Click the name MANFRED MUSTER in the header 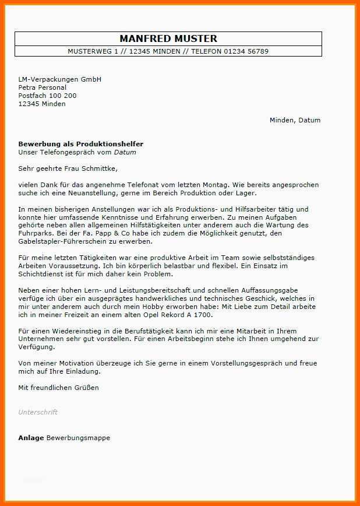coord(168,38)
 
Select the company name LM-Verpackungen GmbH coord(60,79)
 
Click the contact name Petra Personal coord(42,87)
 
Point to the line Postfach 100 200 coord(47,96)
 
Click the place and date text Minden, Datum coord(295,120)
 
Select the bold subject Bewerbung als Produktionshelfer coord(80,144)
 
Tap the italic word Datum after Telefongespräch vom coord(125,152)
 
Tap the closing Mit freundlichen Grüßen coord(58,388)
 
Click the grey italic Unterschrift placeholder coord(38,412)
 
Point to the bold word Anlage coord(31,438)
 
